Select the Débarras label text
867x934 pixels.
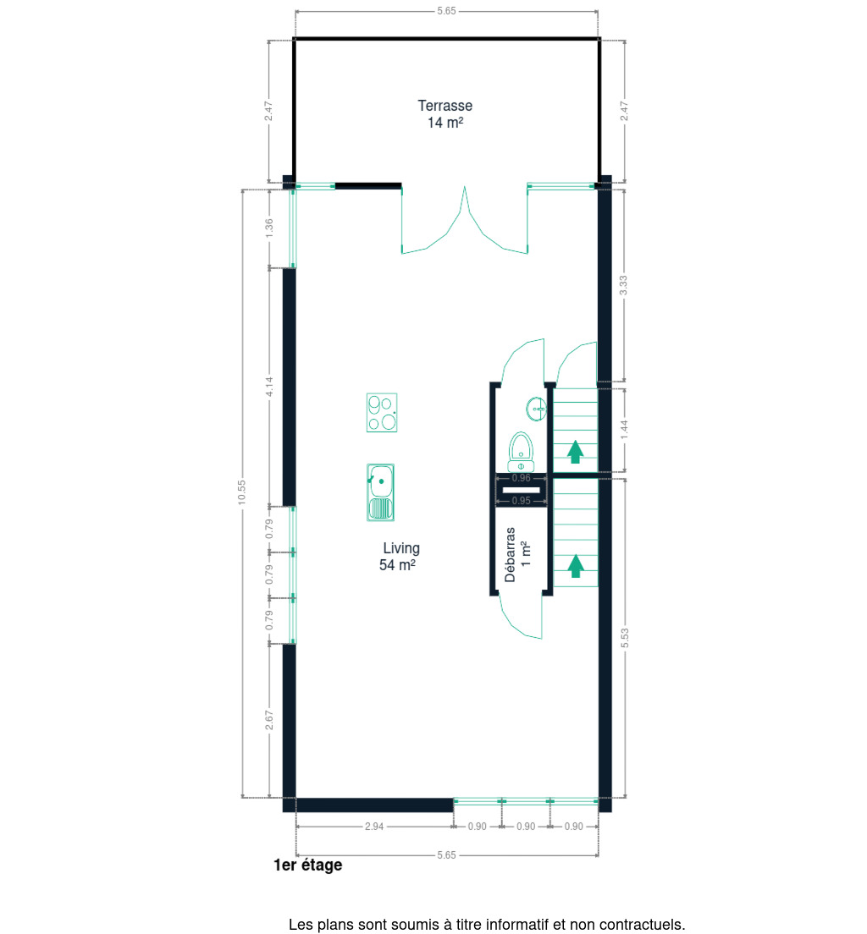click(510, 555)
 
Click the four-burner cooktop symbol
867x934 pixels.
click(382, 412)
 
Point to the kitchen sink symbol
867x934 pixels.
click(380, 492)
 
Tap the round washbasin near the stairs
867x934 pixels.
click(536, 409)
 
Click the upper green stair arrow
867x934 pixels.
click(575, 452)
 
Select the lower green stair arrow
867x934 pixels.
click(575, 566)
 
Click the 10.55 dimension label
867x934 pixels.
click(241, 492)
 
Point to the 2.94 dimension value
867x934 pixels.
click(374, 827)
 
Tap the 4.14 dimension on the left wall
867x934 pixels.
click(269, 387)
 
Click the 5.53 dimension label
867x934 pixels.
click(624, 638)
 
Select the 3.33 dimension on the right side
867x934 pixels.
click(623, 285)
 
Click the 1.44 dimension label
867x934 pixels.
click(624, 430)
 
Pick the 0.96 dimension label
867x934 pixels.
click(522, 478)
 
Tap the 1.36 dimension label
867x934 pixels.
click(269, 228)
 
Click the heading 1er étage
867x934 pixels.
click(307, 865)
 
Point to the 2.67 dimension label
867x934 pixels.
click(269, 720)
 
